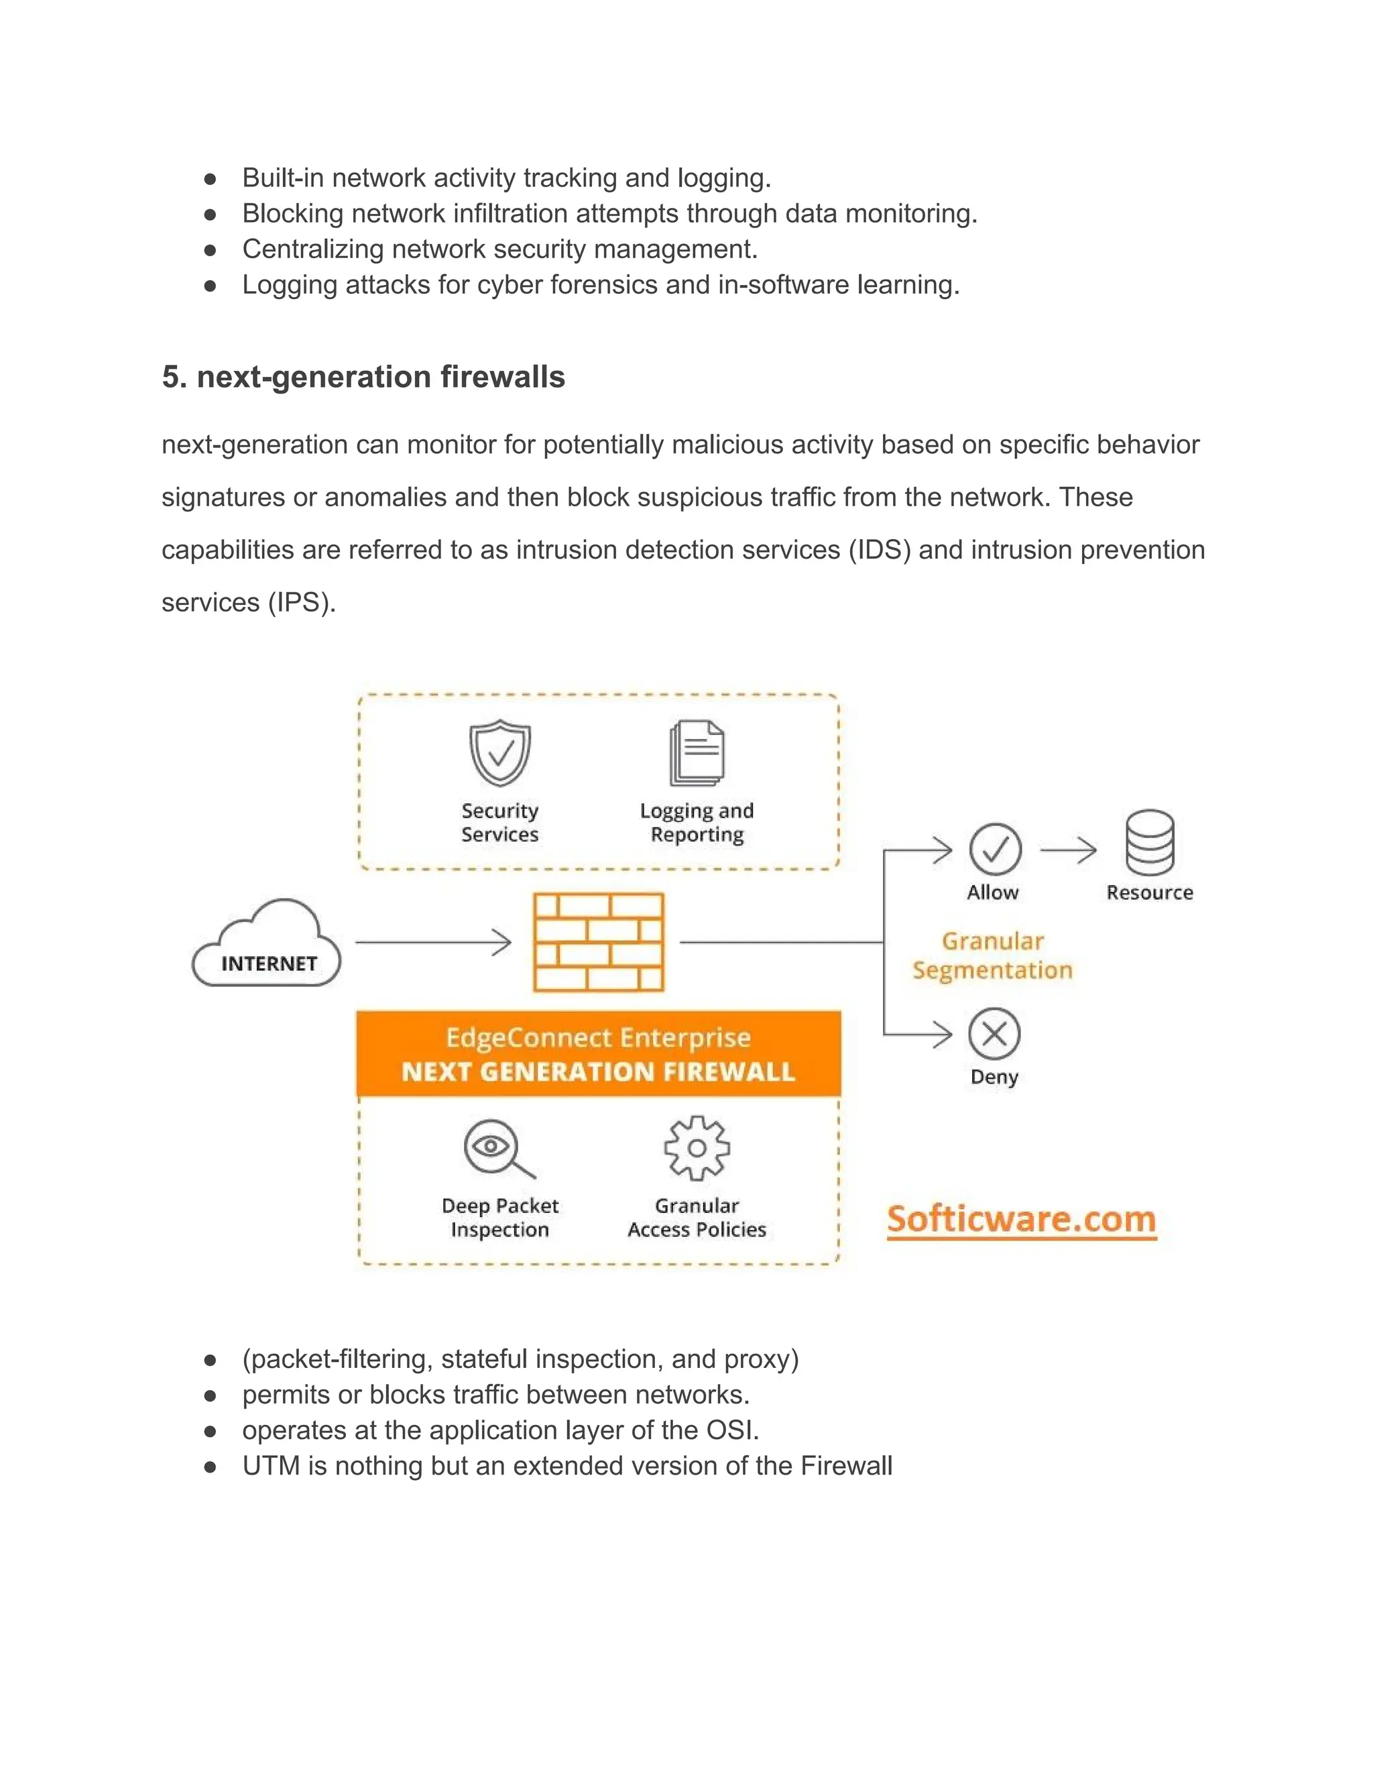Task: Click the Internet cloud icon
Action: click(267, 944)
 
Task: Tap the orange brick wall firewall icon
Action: click(598, 941)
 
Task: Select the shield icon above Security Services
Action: click(499, 752)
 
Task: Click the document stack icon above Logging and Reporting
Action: click(697, 752)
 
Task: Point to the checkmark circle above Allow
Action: click(995, 850)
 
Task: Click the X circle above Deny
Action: click(994, 1034)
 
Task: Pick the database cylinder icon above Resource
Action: click(1149, 842)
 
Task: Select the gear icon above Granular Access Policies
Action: click(697, 1148)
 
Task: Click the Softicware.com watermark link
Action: click(1022, 1220)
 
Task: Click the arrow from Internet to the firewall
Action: click(434, 942)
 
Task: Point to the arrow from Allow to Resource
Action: click(1068, 850)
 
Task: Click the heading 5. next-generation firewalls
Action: click(363, 377)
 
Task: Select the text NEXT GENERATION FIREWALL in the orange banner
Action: click(598, 1072)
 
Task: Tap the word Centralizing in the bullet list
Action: click(312, 249)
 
